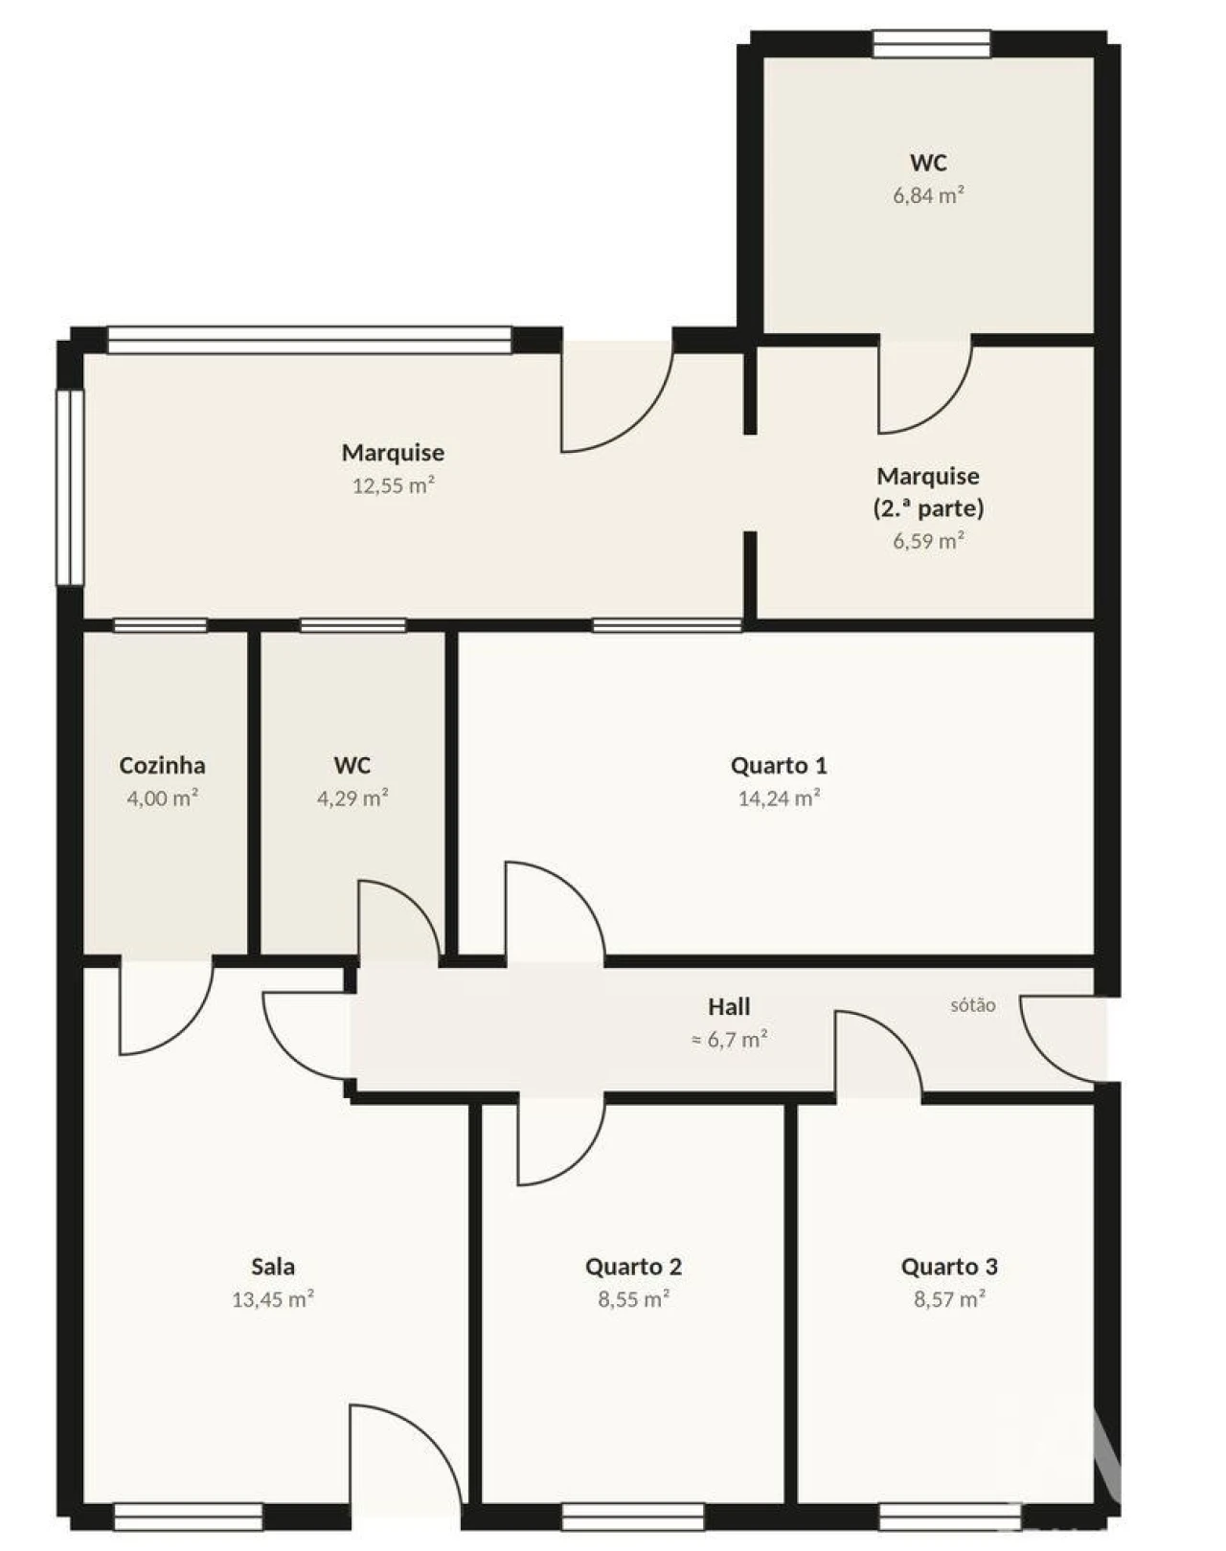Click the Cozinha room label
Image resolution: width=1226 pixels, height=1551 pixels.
162,765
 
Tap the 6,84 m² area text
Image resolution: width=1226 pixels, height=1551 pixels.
929,194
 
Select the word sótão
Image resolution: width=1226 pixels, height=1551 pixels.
973,1004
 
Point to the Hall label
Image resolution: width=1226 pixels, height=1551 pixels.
729,1006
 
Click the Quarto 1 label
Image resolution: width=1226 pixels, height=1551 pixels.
779,765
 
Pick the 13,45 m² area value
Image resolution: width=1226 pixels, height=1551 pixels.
273,1299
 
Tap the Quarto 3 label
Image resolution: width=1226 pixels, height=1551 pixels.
950,1267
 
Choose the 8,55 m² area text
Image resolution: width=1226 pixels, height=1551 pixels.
634,1299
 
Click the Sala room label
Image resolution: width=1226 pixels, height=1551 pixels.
273,1267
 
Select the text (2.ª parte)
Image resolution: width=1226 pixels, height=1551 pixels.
929,508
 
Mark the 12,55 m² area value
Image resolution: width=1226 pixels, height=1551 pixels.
393,485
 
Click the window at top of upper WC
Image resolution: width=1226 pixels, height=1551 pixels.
931,43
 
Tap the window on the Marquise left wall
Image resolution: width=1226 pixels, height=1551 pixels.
71,487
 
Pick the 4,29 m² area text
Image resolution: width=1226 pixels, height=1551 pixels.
353,798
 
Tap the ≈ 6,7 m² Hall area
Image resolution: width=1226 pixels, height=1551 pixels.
729,1040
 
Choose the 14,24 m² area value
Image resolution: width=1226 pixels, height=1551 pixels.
779,798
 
